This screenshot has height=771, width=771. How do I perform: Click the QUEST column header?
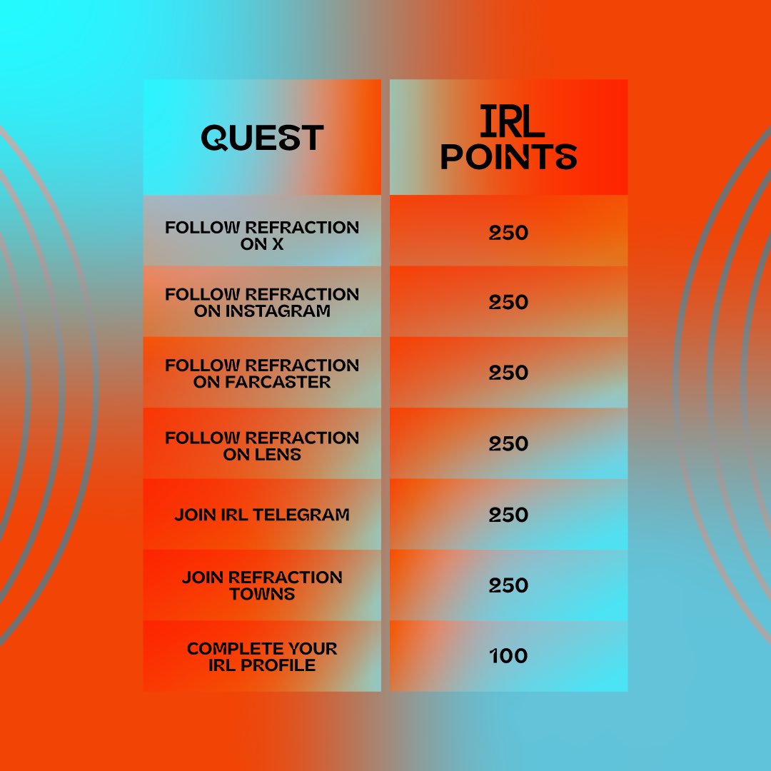coord(262,137)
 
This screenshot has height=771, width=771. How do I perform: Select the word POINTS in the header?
coord(508,156)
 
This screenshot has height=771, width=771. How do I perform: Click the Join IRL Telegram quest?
coord(262,514)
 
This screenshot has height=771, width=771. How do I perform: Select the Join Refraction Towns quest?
coord(262,585)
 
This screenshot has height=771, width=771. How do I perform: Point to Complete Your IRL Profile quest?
coord(262,657)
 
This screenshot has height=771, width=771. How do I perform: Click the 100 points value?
coord(508,655)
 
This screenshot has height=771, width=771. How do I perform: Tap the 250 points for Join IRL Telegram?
coord(508,514)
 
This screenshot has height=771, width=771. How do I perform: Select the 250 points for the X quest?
coord(508,232)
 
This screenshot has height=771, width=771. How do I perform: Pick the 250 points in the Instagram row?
coord(508,302)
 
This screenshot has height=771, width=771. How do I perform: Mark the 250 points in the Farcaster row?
coord(508,372)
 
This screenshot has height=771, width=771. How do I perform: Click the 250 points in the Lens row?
coord(508,443)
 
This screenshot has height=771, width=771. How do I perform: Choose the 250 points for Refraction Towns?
coord(508,585)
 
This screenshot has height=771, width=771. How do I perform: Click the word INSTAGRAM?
coord(278,311)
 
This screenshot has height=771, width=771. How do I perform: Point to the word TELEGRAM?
coord(301,514)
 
